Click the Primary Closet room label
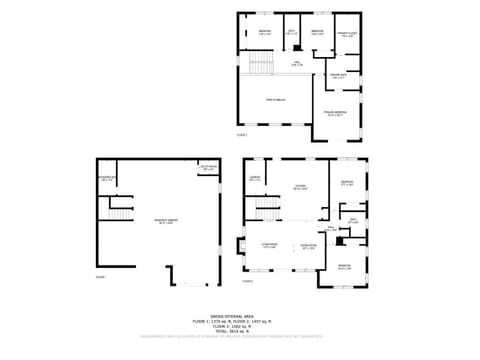pos(345,35)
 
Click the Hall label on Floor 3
pos(297,63)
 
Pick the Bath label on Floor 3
pos(292,33)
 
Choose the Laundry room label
pos(255,179)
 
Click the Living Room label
pos(269,245)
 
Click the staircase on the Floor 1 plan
pos(120,213)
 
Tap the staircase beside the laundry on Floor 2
pos(266,209)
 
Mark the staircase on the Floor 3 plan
pos(259,66)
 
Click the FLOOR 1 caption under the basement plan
pos(100,276)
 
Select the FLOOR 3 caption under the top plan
pos(241,134)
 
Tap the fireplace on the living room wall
pos(240,245)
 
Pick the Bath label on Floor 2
pos(353,221)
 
